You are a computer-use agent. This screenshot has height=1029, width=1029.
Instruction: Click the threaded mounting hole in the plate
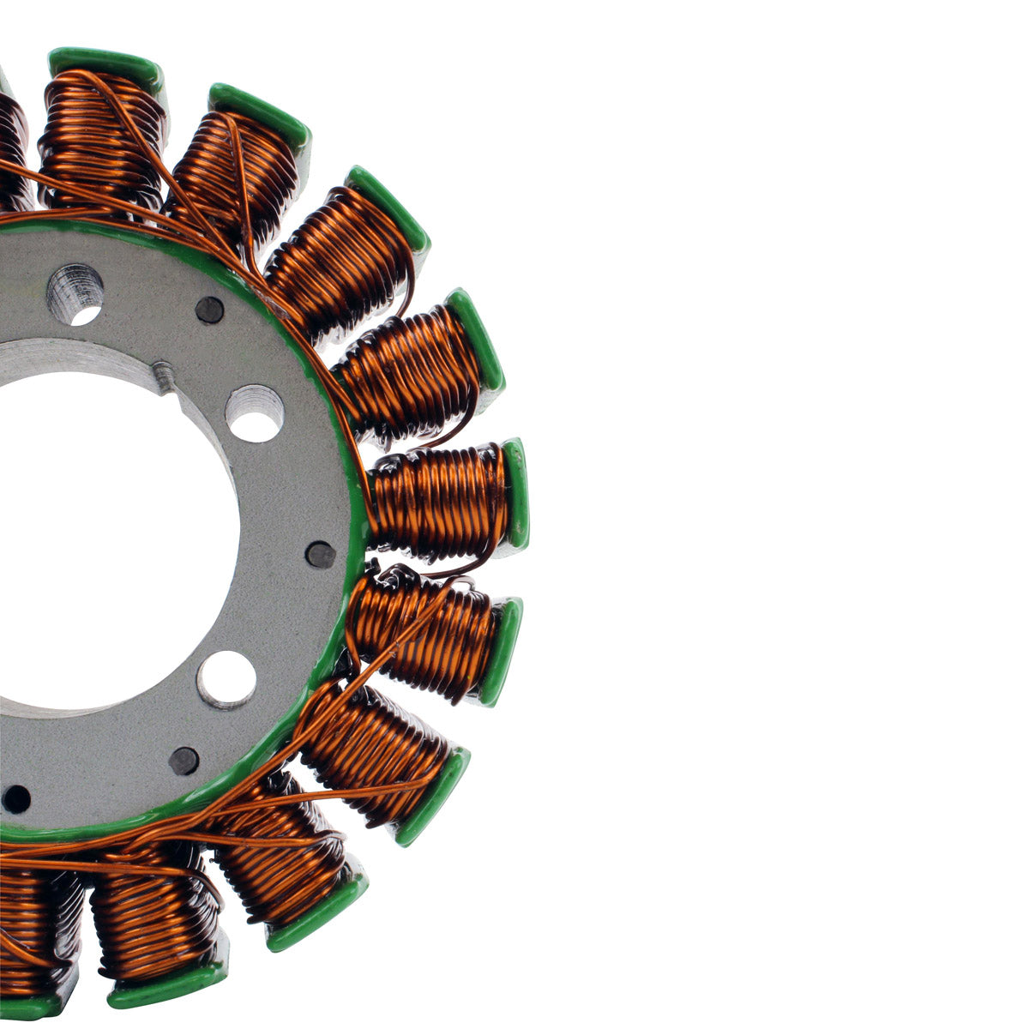tap(75, 294)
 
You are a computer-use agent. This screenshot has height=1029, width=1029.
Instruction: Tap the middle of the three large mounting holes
tap(255, 413)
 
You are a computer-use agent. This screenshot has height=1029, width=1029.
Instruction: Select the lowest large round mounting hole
tap(226, 679)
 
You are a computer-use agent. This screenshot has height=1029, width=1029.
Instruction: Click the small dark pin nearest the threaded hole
tap(209, 310)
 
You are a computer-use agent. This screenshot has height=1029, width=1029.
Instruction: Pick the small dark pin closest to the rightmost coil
tap(321, 556)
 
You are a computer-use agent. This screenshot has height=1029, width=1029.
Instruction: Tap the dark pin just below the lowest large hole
tap(184, 760)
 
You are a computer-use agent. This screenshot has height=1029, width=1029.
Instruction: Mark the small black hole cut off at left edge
tap(15, 799)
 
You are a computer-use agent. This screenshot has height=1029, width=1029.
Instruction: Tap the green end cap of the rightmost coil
tap(516, 494)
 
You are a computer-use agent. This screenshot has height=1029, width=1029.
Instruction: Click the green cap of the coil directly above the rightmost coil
tap(474, 340)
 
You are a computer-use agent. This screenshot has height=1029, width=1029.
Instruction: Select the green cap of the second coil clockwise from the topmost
tap(259, 113)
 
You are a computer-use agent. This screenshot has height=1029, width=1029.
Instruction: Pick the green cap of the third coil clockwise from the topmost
tap(388, 206)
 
